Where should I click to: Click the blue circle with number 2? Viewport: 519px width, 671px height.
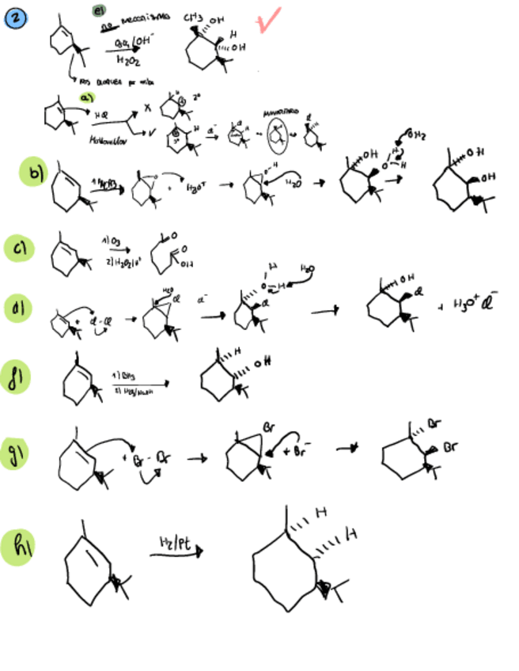point(14,19)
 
